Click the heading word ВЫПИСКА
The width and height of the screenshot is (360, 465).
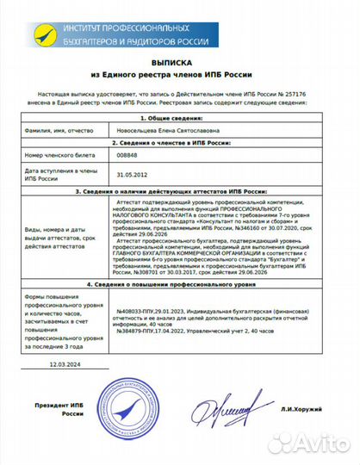click(180, 64)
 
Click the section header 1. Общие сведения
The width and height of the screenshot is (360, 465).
click(180, 117)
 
